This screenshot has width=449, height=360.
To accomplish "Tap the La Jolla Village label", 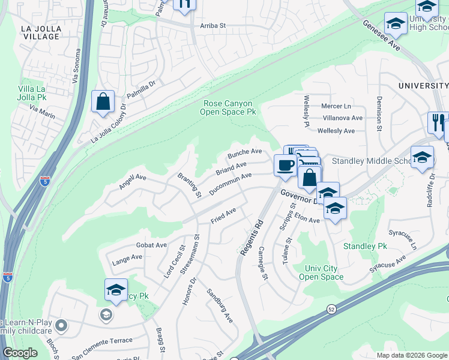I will click(x=40, y=32).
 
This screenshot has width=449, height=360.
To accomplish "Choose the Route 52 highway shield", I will click(x=331, y=308).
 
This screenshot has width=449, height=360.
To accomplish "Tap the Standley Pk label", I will click(x=366, y=246).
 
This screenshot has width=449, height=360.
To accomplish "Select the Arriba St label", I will click(x=212, y=26).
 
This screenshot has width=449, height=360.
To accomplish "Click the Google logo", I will click(x=20, y=353).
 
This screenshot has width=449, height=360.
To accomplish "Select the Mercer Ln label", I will click(x=337, y=106).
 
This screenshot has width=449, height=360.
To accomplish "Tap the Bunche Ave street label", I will click(x=244, y=154).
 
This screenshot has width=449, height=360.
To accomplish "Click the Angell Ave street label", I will click(x=133, y=181).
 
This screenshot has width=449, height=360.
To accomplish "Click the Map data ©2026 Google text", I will click(x=411, y=355).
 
